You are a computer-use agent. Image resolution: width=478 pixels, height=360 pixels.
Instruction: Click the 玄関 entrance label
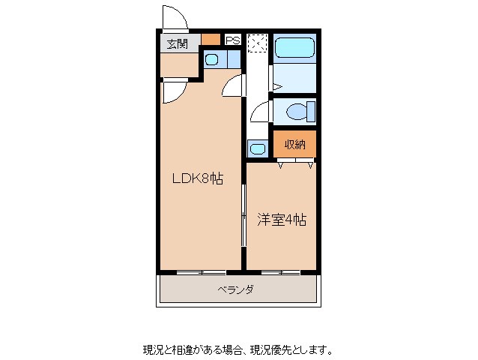177,44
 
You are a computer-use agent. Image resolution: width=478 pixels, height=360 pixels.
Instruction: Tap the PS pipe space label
233,40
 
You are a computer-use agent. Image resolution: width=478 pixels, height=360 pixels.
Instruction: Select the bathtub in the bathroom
294,47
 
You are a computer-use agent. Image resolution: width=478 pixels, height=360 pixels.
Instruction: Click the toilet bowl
297,112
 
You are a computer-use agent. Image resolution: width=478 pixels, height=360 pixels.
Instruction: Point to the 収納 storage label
294,144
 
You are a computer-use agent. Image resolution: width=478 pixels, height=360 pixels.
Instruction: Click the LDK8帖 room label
198,178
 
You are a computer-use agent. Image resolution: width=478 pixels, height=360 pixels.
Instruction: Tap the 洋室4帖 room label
282,220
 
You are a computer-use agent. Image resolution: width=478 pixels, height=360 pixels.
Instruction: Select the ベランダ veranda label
235,289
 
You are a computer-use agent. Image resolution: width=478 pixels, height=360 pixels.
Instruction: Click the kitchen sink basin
211,59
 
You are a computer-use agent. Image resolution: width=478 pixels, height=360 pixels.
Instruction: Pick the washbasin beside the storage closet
258,149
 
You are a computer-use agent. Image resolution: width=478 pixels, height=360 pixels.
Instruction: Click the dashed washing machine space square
257,43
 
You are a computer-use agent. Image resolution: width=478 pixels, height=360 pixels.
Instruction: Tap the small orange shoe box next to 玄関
211,39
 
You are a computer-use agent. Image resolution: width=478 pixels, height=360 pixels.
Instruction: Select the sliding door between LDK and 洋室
243,215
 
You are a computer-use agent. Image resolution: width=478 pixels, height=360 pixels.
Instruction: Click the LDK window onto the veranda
202,272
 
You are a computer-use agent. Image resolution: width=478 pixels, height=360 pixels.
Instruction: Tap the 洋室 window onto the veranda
281,272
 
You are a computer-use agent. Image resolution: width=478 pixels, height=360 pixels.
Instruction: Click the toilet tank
311,112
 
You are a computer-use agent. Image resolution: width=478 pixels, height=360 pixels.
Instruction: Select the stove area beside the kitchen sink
234,59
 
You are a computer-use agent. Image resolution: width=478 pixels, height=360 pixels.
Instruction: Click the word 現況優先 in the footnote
270,350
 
